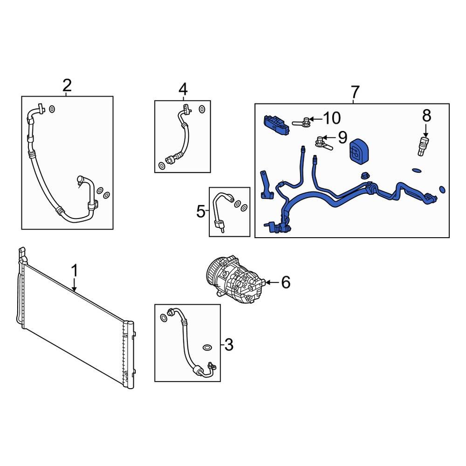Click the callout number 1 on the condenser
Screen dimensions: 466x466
pyautogui.click(x=74, y=270)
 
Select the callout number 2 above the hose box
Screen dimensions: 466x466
pyautogui.click(x=67, y=86)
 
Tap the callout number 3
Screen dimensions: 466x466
pyautogui.click(x=229, y=345)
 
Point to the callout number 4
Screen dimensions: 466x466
pyautogui.click(x=183, y=89)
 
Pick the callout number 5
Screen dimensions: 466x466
pyautogui.click(x=201, y=212)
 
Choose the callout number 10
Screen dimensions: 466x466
pyautogui.click(x=332, y=118)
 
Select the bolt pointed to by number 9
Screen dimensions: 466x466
pyautogui.click(x=322, y=142)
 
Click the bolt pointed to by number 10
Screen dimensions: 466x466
pyautogui.click(x=302, y=122)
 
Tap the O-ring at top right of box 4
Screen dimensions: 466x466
pyautogui.click(x=202, y=109)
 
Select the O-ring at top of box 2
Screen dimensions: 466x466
pyautogui.click(x=52, y=109)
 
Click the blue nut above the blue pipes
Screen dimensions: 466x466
pyautogui.click(x=365, y=176)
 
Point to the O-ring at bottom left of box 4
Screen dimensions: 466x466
pyautogui.click(x=161, y=165)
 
